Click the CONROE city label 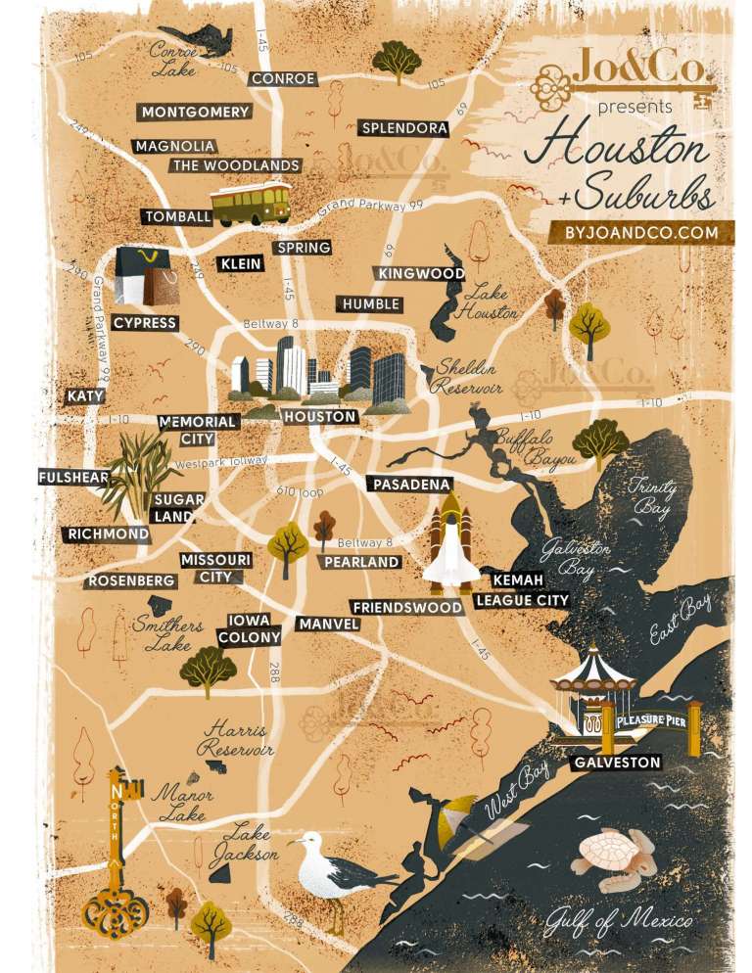[x=283, y=79]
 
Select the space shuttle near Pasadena [x=451, y=544]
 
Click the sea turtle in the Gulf [x=613, y=853]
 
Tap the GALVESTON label [x=617, y=762]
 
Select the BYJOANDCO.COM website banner [x=640, y=233]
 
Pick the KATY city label [x=85, y=396]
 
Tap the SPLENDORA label [x=404, y=128]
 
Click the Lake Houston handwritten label [x=491, y=302]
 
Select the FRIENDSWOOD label [x=406, y=608]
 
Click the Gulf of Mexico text [x=621, y=921]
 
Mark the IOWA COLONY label [x=250, y=629]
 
